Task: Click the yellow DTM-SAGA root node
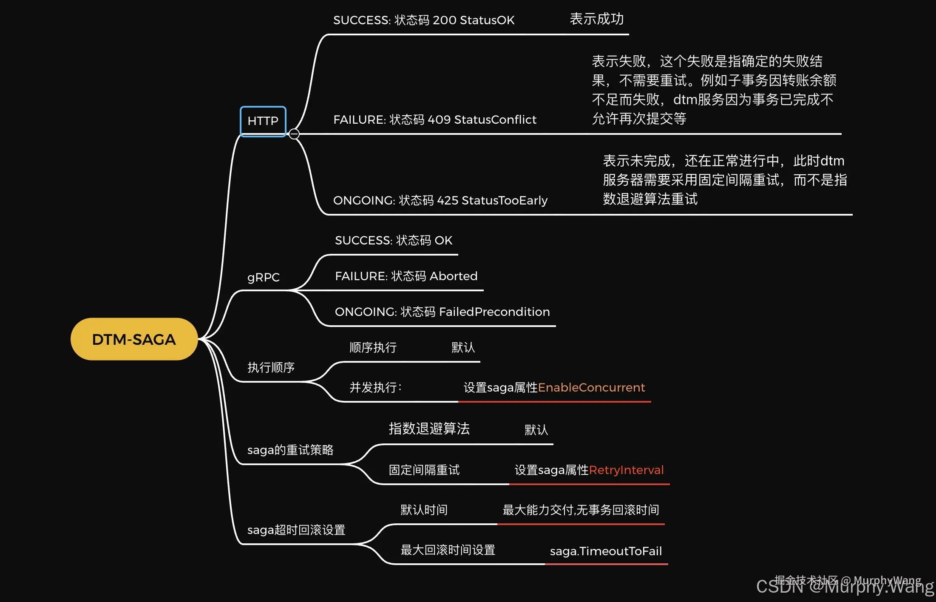134,339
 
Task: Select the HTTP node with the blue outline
263,121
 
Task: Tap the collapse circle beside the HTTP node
294,134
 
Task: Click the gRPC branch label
264,278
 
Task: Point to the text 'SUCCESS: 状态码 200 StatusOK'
423,20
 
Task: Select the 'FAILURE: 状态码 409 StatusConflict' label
434,120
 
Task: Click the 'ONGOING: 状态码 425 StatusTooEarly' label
440,201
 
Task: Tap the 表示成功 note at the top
596,19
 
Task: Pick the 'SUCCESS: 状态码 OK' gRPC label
393,241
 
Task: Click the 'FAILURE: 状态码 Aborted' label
406,276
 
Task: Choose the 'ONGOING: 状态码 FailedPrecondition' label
442,312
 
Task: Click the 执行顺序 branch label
271,368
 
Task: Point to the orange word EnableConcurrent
591,388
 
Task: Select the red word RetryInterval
626,470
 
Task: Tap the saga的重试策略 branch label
290,450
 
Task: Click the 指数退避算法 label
429,429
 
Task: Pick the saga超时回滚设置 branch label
296,530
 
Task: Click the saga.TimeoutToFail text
606,551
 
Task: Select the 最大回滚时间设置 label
448,550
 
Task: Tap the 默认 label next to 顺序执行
463,348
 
